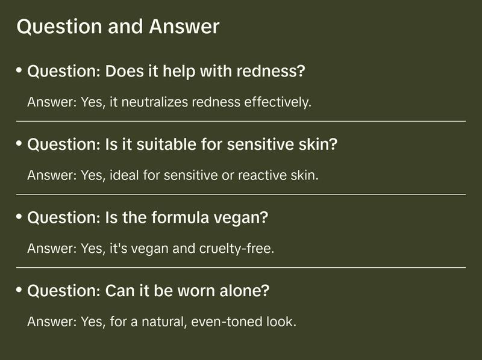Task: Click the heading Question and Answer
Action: [118, 26]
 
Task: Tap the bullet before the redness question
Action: [19, 70]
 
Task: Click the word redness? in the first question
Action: [271, 71]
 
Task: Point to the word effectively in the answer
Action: [278, 102]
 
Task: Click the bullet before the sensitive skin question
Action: [19, 143]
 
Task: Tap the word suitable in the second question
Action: [166, 144]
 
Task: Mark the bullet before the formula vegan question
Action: [19, 217]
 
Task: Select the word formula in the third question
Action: [180, 217]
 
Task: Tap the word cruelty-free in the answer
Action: [236, 249]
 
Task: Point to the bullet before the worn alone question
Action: [19, 290]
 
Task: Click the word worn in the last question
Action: [196, 291]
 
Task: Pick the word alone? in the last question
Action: [245, 290]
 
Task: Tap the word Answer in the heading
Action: [184, 26]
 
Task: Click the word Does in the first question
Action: [125, 71]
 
